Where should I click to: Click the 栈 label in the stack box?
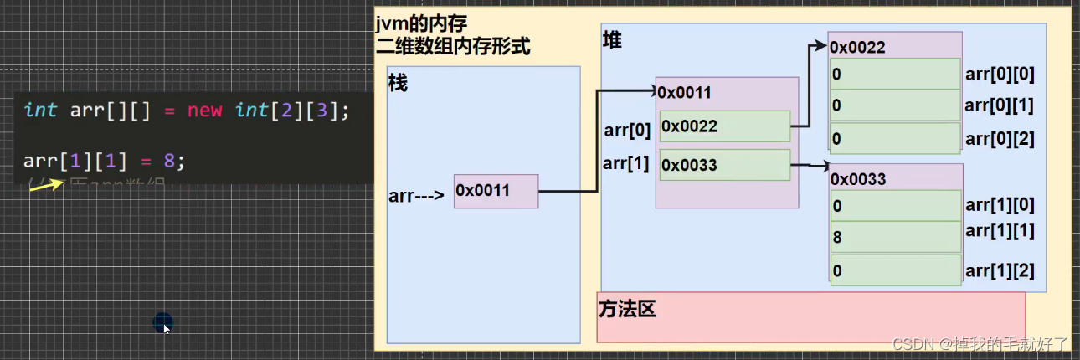pos(398,84)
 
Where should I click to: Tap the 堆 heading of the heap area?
pos(612,39)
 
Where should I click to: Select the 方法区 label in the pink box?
pos(627,309)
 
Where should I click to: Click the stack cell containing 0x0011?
pos(496,191)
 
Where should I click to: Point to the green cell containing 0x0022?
pos(724,126)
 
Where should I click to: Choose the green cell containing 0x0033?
pos(724,165)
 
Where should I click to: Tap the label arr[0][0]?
pos(1000,74)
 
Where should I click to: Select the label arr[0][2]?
pos(1000,139)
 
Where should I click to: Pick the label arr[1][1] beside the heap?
pos(1000,229)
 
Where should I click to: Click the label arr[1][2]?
pos(1000,270)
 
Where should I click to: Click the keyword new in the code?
pos(204,110)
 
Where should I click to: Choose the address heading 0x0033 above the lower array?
pos(858,178)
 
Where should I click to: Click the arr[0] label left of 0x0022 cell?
pos(627,131)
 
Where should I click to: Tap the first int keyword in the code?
pos(40,110)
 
